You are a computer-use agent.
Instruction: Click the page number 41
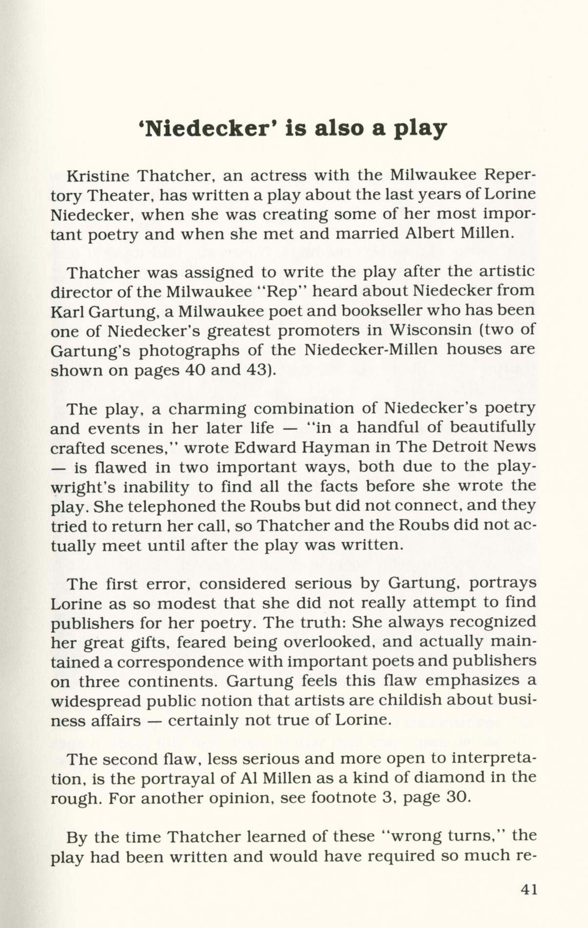pyautogui.click(x=529, y=889)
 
